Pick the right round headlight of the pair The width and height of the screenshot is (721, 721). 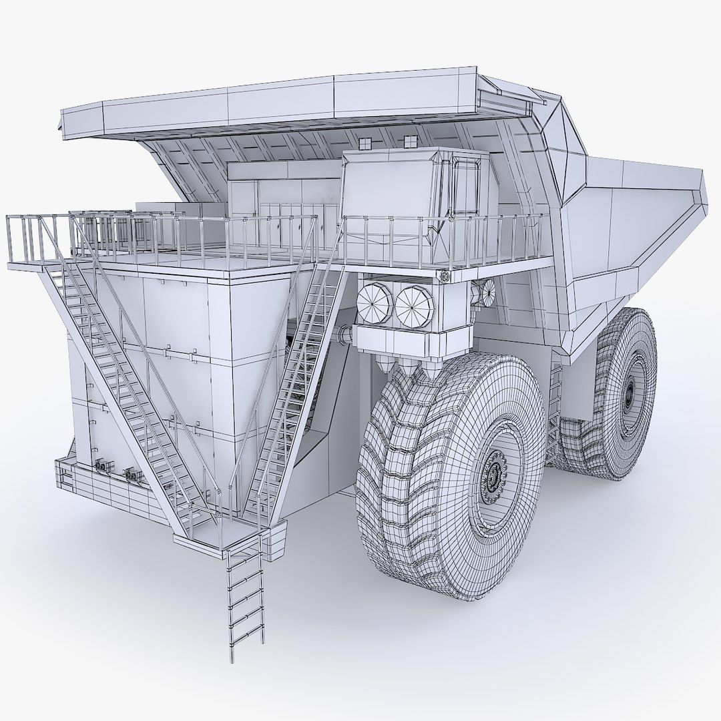point(414,306)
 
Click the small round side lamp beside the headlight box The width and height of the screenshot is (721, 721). point(487,292)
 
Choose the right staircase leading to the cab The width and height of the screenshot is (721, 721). point(294,394)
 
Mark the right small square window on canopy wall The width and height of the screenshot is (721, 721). point(409,142)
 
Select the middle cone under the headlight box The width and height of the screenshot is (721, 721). point(406,367)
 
